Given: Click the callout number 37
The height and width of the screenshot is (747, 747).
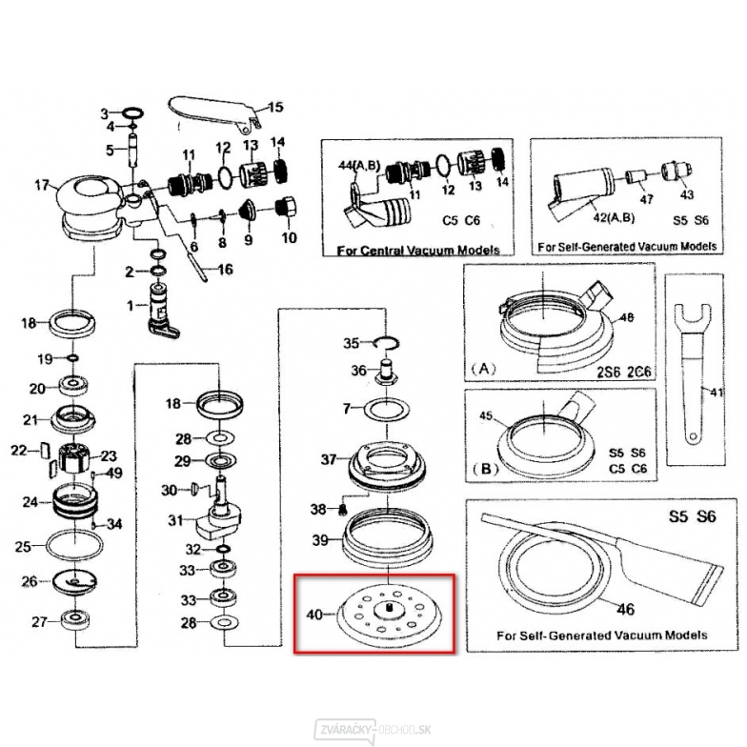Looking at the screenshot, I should click(x=329, y=459).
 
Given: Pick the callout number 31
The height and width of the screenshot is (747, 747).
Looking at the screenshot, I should click(x=174, y=520).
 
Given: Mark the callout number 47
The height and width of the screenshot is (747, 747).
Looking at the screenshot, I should click(x=646, y=200).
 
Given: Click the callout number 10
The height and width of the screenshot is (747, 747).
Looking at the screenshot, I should click(x=288, y=237).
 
